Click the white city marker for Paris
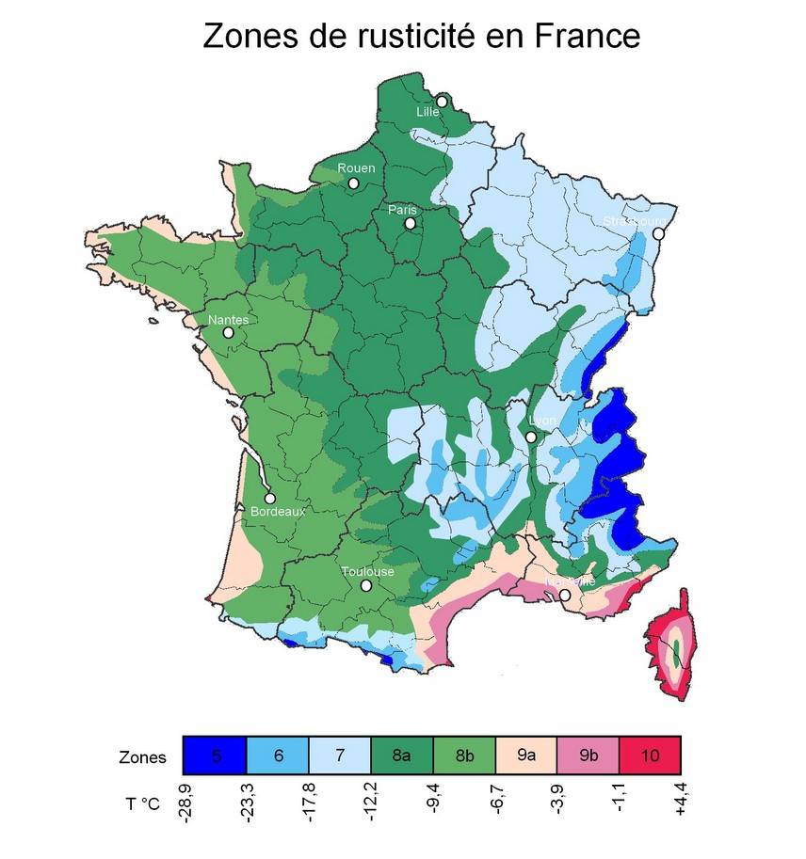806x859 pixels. click(410, 224)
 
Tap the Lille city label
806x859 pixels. click(428, 112)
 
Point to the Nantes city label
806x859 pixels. click(228, 320)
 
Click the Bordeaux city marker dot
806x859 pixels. click(270, 499)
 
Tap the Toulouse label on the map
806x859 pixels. click(367, 571)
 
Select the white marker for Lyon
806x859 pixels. click(531, 437)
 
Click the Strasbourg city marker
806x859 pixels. click(658, 233)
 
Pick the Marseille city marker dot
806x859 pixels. click(565, 596)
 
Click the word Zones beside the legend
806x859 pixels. click(143, 757)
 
